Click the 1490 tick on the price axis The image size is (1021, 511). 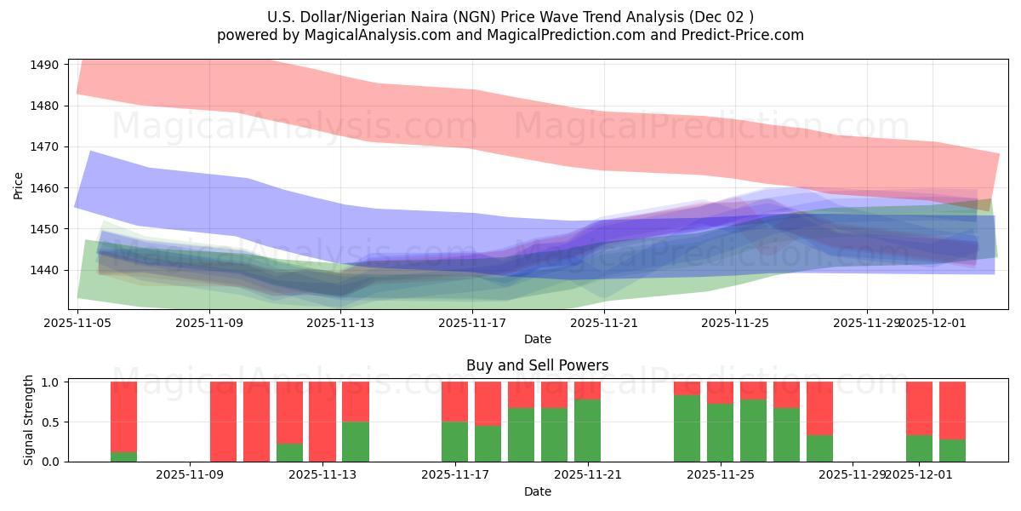tap(44, 65)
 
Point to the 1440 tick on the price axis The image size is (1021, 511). tap(44, 270)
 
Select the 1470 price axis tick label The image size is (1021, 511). tap(44, 146)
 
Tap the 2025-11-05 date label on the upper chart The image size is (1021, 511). tap(77, 323)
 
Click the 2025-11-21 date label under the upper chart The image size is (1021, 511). tap(603, 323)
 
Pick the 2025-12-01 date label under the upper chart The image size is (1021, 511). tap(933, 323)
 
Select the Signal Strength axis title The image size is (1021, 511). tap(28, 421)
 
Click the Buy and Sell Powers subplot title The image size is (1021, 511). tap(537, 365)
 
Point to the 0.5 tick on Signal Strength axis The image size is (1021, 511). tap(50, 422)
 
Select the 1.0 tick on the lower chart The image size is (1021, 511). tap(50, 382)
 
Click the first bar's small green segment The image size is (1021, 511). tap(123, 456)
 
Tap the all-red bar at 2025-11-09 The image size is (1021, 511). tap(223, 422)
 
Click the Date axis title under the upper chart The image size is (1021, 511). tap(537, 339)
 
